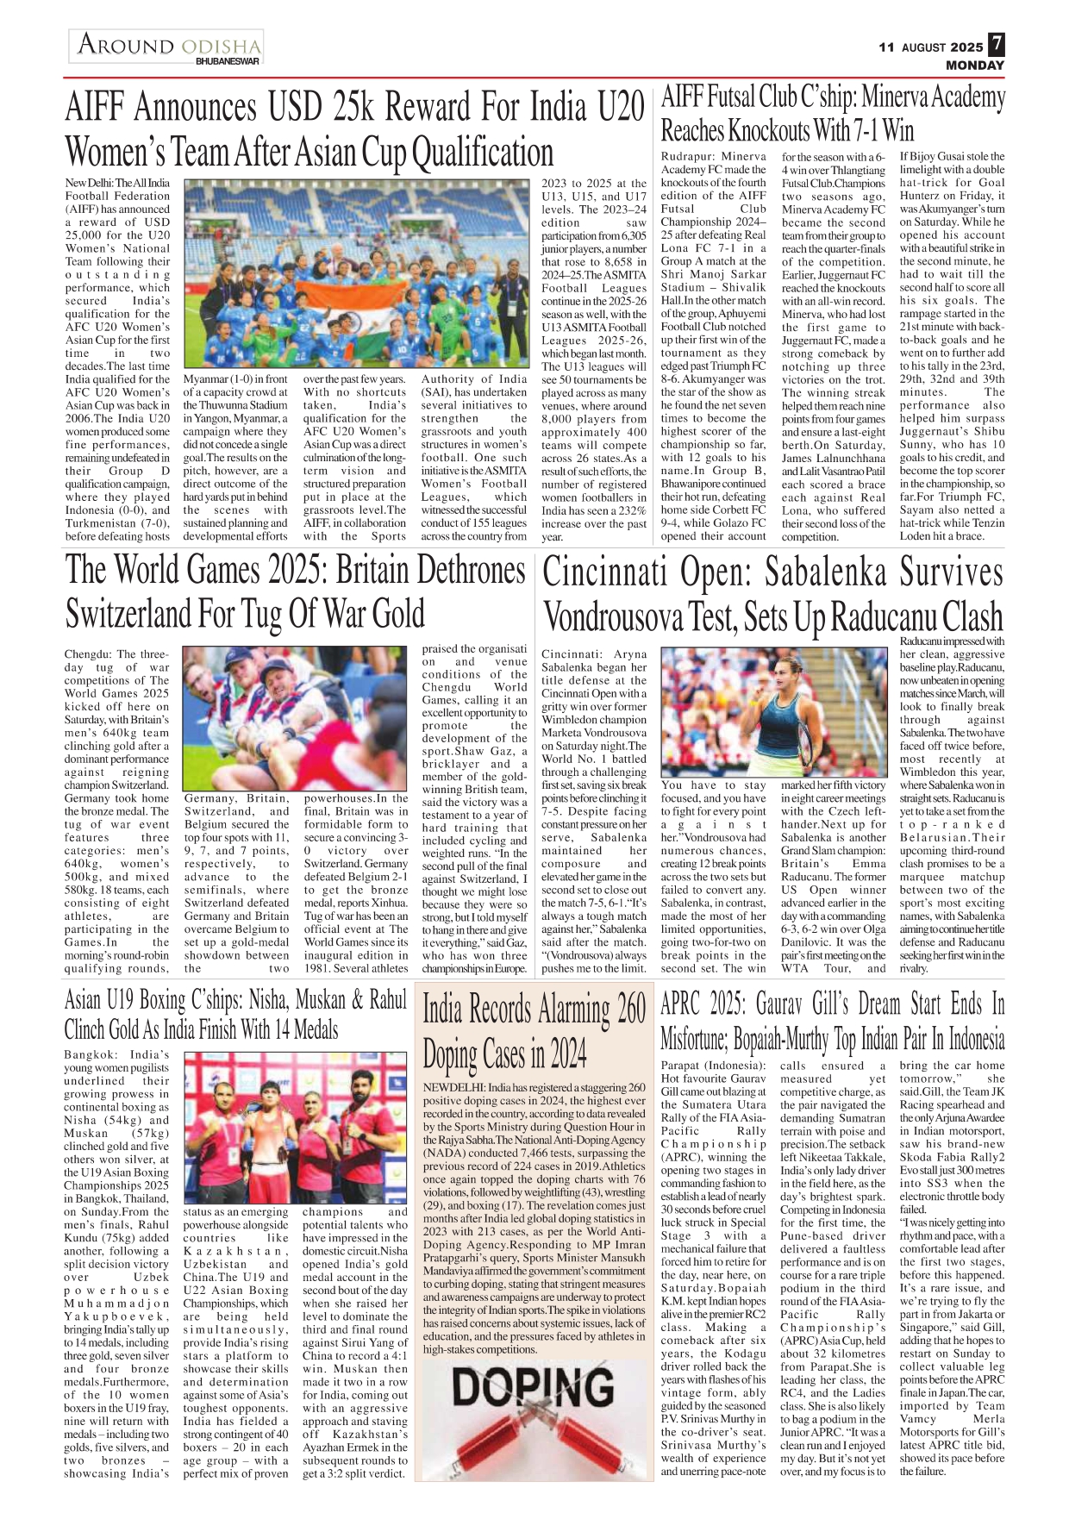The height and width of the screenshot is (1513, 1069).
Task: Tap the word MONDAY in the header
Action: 975,66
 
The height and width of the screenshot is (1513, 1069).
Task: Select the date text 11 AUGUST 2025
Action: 931,47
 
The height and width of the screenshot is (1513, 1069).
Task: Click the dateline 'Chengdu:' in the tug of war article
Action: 88,654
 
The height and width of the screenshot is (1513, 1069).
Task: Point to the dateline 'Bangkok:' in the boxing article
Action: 91,1055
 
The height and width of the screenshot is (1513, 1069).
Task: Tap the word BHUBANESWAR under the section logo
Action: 228,62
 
